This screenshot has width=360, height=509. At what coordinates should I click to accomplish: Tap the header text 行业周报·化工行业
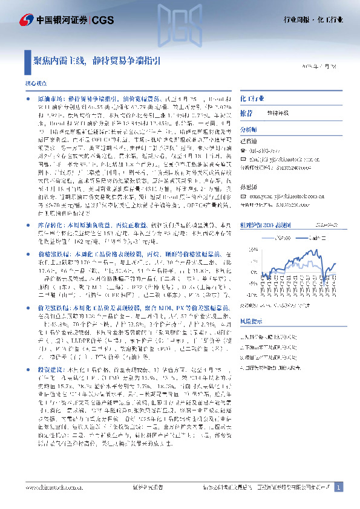point(313,20)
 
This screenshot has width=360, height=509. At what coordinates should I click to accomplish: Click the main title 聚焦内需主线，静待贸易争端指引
point(96,60)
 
